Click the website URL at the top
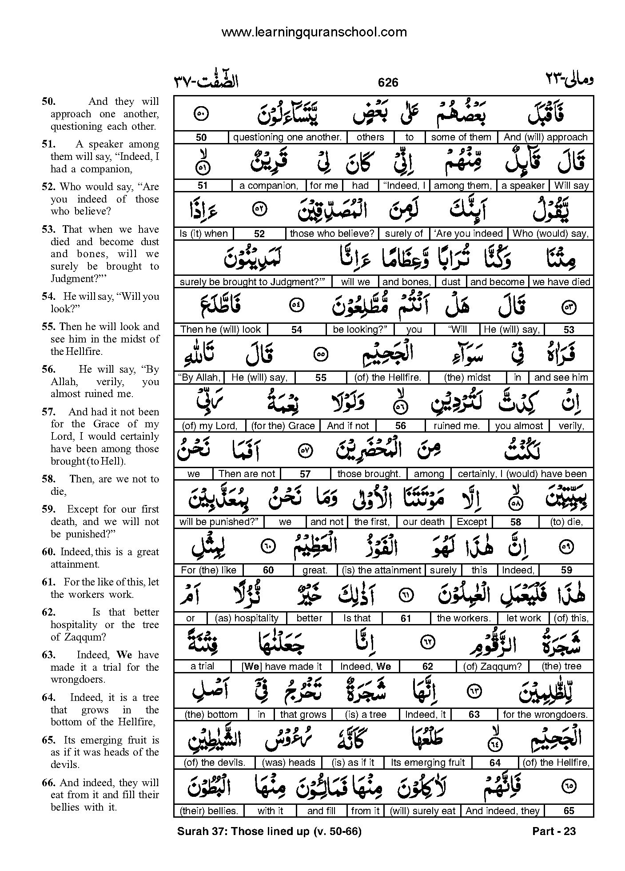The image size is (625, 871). [x=314, y=32]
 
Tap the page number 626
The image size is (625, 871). [x=388, y=82]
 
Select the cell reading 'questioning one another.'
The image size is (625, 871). [x=287, y=137]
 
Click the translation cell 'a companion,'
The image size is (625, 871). [x=268, y=185]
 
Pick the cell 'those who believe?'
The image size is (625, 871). [x=332, y=233]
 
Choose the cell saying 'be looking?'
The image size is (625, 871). [x=360, y=329]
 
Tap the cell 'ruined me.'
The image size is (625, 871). [x=457, y=426]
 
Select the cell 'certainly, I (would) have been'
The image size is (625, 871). [x=522, y=473]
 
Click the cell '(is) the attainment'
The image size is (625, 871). [x=381, y=570]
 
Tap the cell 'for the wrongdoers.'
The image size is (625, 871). [x=545, y=714]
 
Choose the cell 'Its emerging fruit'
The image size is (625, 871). [x=428, y=762]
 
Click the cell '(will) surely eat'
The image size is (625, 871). [x=422, y=811]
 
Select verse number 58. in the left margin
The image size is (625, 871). [x=48, y=479]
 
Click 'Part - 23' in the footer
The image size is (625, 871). [x=553, y=831]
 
